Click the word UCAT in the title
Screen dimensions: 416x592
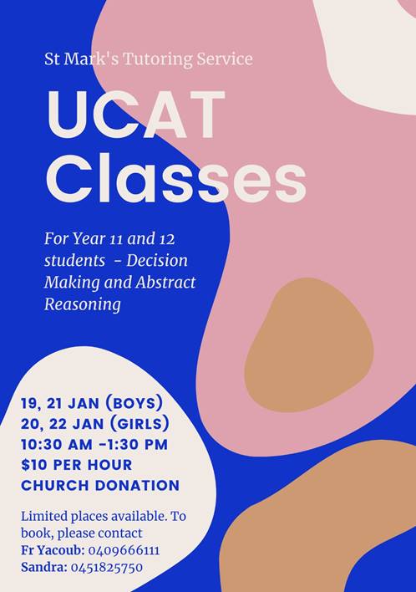pyautogui.click(x=136, y=115)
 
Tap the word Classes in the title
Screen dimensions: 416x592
pyautogui.click(x=176, y=178)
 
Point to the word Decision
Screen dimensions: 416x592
pyautogui.click(x=157, y=260)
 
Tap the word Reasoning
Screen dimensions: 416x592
pyautogui.click(x=83, y=304)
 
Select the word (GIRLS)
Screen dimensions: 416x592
pyautogui.click(x=140, y=424)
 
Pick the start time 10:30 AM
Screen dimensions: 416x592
pyautogui.click(x=57, y=444)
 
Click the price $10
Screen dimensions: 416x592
pyautogui.click(x=35, y=465)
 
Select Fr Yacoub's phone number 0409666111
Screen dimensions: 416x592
pyautogui.click(x=124, y=550)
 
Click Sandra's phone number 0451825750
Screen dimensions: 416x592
pyautogui.click(x=107, y=568)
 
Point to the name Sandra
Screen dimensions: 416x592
pyautogui.click(x=43, y=568)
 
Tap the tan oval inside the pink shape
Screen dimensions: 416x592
pyautogui.click(x=309, y=344)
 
